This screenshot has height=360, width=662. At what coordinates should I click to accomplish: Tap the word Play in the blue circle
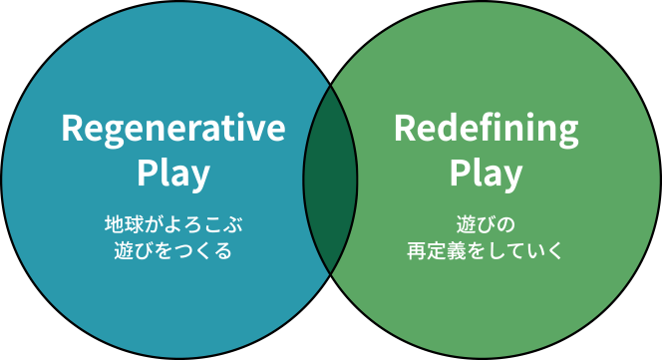[172, 174]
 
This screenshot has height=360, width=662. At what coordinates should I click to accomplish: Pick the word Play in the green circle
[486, 174]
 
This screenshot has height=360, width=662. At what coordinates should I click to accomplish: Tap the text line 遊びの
[486, 222]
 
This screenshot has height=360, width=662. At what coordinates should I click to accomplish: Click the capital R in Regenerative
[71, 129]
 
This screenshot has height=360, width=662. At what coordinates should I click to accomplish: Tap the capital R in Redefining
[404, 129]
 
